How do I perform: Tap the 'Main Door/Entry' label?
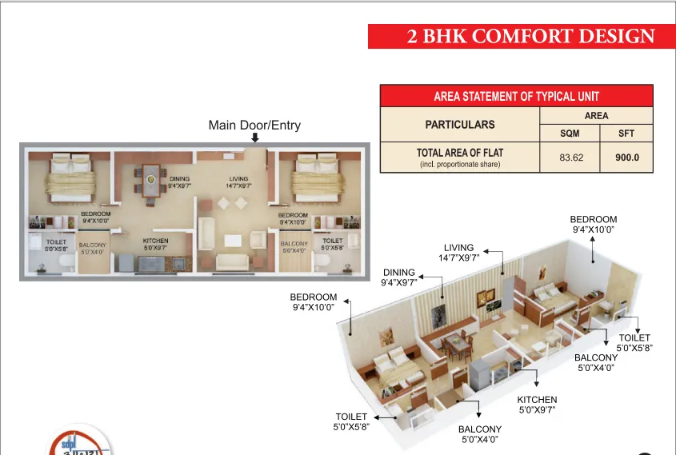point(254,126)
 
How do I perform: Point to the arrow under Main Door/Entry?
point(254,138)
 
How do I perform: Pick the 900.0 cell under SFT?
point(627,158)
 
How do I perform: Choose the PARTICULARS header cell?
point(459,125)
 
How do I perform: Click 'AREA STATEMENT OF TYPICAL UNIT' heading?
point(516,96)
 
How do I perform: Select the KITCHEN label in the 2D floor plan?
point(155,244)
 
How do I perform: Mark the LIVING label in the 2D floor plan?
point(238,182)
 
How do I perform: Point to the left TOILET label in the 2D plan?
point(56,244)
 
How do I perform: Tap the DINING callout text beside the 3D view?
point(398,277)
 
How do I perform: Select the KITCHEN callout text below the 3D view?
point(537,405)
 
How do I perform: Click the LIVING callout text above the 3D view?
point(458,253)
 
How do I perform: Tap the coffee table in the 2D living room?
point(233,240)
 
